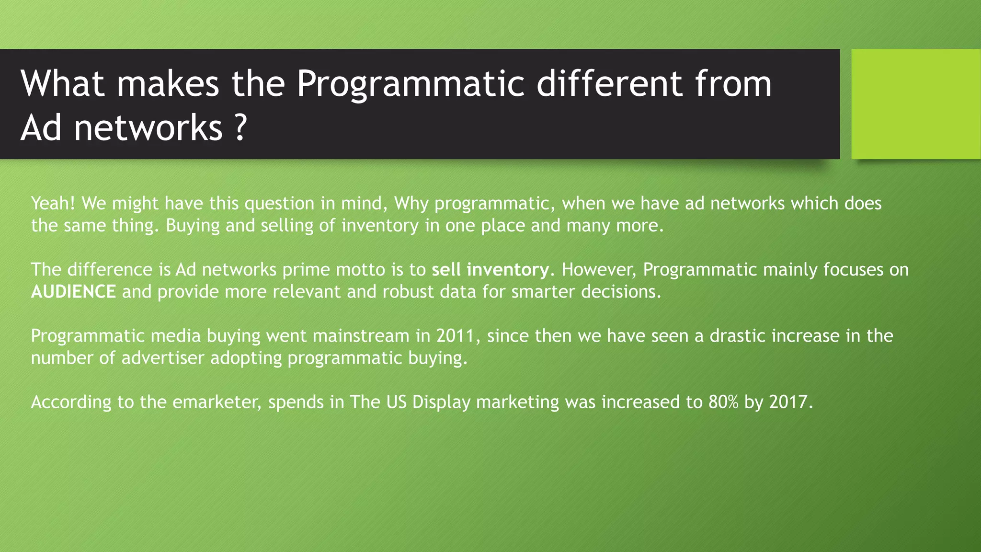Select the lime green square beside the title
(916, 104)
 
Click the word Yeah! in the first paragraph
(53, 203)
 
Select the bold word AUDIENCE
(73, 291)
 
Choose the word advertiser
(163, 357)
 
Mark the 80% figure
(723, 402)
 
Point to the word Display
(441, 402)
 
